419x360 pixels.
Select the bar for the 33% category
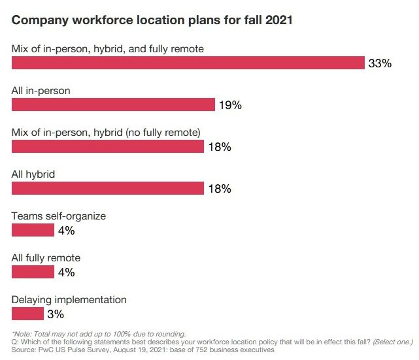188,63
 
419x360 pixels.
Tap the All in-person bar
113,105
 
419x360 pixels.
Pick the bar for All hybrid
108,188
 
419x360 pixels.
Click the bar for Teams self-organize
33,230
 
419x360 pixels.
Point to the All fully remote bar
33,272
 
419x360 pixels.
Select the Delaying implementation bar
28,314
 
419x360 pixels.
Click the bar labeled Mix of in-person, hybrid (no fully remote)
108,146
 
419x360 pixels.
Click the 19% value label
230,105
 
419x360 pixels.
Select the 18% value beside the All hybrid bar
220,189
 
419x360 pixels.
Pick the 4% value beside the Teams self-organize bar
67,231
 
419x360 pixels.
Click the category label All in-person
41,90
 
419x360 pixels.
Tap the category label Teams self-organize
59,216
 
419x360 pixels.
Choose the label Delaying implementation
69,299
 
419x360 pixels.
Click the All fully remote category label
52,257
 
